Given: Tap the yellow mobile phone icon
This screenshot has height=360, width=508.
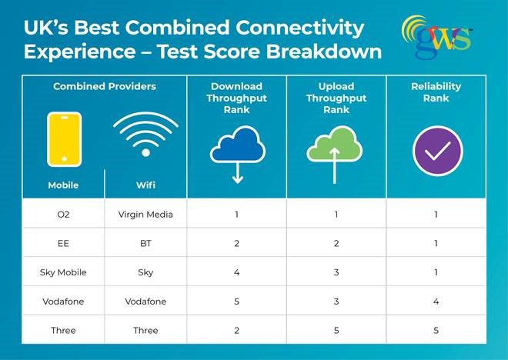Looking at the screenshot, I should [x=64, y=139].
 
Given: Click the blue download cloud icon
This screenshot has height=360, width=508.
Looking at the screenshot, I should [x=236, y=151].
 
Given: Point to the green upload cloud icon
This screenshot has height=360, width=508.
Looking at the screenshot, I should [x=336, y=151].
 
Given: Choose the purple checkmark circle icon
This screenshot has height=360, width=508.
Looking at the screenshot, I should [x=436, y=151].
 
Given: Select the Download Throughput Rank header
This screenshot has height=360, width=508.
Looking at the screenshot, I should [x=236, y=98].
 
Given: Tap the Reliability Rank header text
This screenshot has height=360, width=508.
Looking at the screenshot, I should [x=436, y=92].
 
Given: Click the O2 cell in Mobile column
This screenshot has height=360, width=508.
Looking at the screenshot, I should [x=64, y=214].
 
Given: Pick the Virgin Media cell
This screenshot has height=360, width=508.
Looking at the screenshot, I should [x=145, y=214].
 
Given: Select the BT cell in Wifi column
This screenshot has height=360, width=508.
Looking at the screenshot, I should [x=145, y=243].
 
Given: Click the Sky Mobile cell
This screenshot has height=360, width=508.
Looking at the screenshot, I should [x=64, y=272].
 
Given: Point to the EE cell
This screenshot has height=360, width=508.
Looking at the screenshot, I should [x=64, y=243].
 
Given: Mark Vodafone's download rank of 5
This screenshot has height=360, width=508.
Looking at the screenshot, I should [x=236, y=302].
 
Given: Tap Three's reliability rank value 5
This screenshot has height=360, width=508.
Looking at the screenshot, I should [x=436, y=331].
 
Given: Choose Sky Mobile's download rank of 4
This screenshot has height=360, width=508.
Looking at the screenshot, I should [x=236, y=272].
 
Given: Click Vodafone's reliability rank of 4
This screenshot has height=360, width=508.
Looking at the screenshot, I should [x=436, y=302].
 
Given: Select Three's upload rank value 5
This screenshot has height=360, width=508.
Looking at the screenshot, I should [x=336, y=331].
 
